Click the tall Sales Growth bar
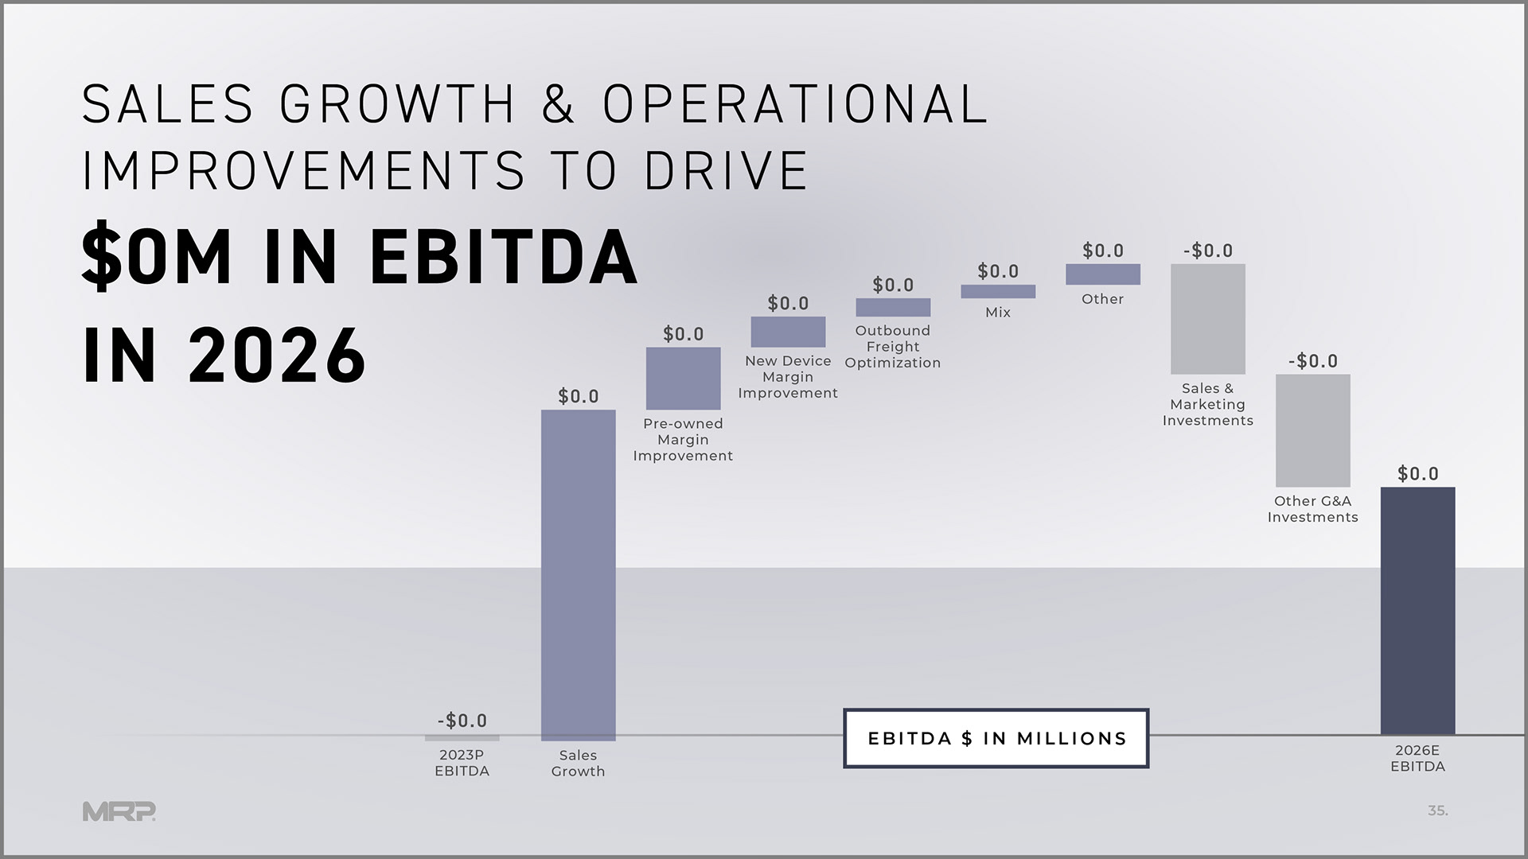point(578,574)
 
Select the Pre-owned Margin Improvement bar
point(683,378)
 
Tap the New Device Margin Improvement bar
point(788,332)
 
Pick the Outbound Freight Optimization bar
point(893,307)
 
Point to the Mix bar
point(998,292)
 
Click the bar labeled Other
point(1103,274)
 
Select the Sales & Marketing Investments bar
point(1207,319)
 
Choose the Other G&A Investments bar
point(1312,430)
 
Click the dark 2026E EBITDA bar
point(1417,610)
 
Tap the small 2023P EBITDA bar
point(462,738)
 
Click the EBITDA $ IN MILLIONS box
point(996,738)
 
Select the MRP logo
point(119,811)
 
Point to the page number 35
point(1437,811)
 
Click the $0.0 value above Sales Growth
point(579,396)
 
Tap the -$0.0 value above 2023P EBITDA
point(462,721)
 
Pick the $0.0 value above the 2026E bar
point(1418,474)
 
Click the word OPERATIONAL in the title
point(795,104)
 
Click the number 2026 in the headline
point(277,355)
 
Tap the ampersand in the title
point(559,104)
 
